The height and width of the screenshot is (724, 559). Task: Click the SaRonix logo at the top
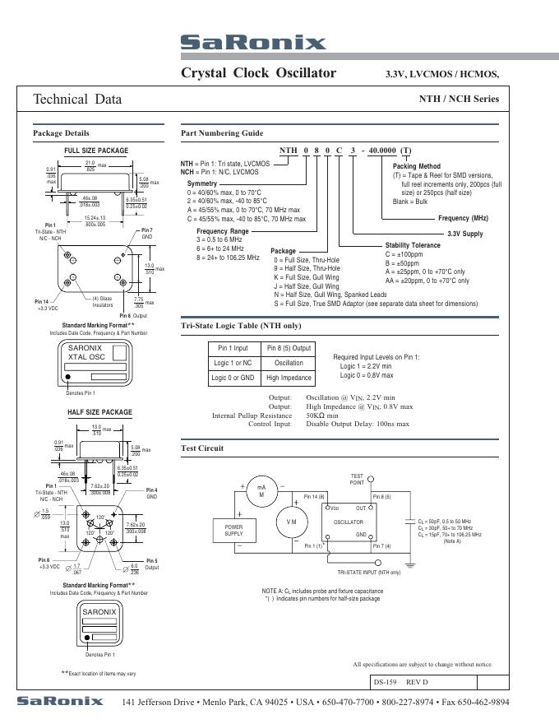[253, 43]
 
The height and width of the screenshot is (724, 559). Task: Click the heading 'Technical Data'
[77, 100]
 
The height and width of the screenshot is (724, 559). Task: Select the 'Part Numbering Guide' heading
[222, 133]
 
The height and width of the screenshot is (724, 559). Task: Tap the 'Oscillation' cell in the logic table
[288, 363]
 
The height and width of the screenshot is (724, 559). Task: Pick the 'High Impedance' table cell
[288, 378]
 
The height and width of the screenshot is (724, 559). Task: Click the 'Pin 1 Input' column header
[233, 348]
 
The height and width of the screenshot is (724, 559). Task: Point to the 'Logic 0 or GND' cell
[233, 378]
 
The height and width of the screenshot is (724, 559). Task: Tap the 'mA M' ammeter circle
[261, 491]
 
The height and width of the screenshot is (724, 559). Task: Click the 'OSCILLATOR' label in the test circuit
[348, 522]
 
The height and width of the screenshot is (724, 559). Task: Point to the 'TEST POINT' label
[358, 479]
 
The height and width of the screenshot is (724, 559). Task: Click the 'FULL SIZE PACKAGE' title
[96, 151]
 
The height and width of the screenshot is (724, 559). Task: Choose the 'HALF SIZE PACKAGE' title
[99, 411]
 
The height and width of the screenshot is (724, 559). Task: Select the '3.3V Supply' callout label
[465, 234]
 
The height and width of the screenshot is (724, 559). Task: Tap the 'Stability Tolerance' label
[413, 246]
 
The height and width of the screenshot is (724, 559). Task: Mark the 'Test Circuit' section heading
[202, 448]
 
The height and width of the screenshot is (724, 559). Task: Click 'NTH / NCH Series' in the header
[459, 100]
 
